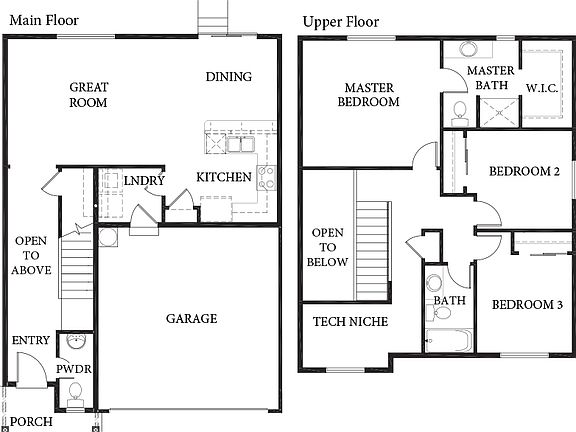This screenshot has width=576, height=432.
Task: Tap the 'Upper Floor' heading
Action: coord(343,19)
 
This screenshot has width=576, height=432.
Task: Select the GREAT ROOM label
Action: coord(89,95)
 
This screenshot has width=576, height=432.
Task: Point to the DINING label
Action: coord(229,77)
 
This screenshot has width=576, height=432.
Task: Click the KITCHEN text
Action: coord(223,177)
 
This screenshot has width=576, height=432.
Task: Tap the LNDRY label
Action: coord(144,180)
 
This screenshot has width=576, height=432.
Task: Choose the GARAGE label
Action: coord(191,319)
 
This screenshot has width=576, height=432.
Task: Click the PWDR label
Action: coord(74,370)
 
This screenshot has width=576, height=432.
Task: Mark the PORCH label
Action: coord(31,421)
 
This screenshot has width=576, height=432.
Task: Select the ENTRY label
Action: coord(31,341)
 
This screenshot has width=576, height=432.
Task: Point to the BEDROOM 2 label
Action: coord(523,171)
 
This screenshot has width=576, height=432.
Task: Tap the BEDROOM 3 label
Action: coord(525,305)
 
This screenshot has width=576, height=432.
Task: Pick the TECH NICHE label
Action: coord(351,321)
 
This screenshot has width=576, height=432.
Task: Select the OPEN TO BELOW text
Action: coord(330,248)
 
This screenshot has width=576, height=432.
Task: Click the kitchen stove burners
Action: coord(267,178)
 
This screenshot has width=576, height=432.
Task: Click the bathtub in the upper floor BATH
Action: coord(448,340)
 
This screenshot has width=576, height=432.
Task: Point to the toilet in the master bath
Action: coord(460,109)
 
